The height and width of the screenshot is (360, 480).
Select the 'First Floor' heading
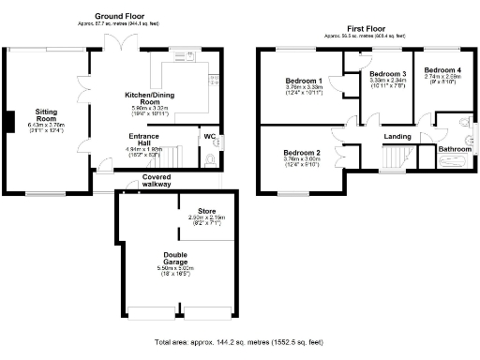tap(359, 29)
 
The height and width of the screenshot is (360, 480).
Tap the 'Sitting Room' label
tap(39, 114)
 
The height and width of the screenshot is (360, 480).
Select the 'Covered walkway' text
tap(157, 180)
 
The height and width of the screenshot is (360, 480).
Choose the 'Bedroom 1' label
tap(304, 82)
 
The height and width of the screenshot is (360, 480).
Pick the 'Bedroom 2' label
tap(302, 152)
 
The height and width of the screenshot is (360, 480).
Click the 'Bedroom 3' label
tap(386, 73)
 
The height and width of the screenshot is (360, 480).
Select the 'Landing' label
tap(397, 138)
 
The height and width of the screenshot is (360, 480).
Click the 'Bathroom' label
tap(456, 150)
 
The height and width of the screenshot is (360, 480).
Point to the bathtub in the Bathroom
tap(456, 161)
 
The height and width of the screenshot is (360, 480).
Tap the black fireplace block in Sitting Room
tap(8, 122)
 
